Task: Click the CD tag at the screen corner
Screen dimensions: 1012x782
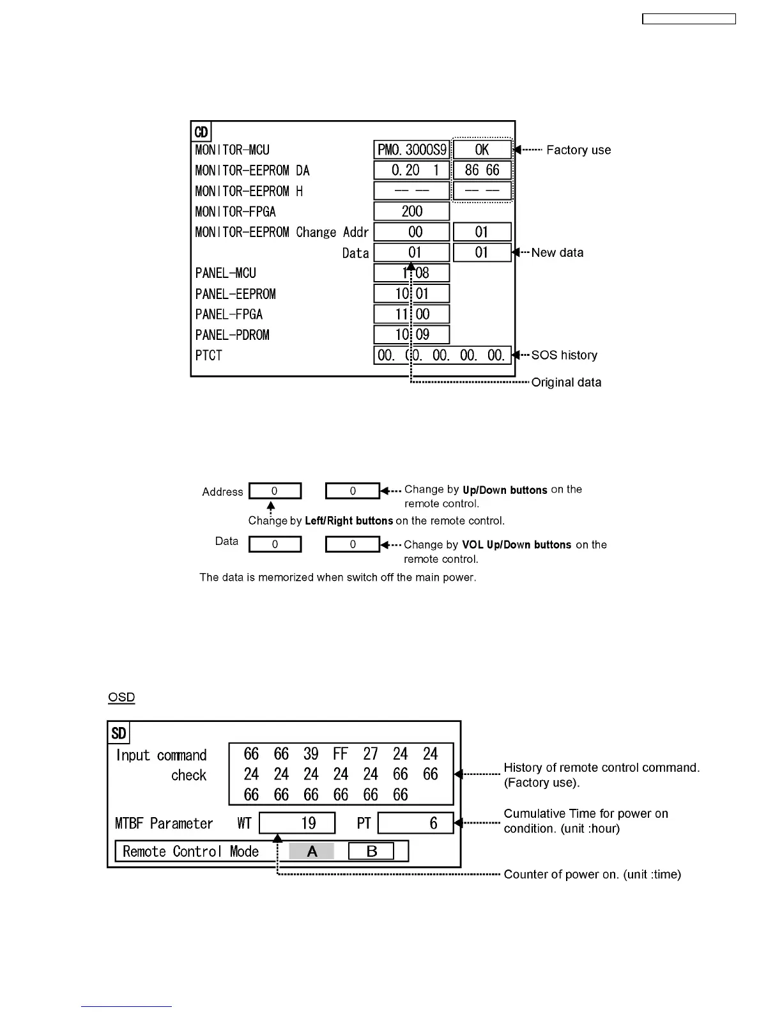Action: [201, 132]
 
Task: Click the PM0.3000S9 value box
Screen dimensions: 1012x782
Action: [411, 150]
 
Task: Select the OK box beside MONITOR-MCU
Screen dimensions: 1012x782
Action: [482, 150]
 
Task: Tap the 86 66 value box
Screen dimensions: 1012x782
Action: [482, 171]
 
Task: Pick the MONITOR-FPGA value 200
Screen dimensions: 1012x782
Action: [411, 211]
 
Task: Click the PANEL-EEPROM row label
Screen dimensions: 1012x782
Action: [235, 294]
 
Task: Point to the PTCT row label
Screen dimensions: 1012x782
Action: [209, 355]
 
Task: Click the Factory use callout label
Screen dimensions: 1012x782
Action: [578, 150]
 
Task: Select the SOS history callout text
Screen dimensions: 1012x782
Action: [564, 355]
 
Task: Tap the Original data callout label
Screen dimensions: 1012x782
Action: [566, 383]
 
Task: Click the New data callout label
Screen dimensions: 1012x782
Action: [557, 253]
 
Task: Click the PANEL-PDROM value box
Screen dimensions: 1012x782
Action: [411, 335]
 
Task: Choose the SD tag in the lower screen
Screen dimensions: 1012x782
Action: [119, 733]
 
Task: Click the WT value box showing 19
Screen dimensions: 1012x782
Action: [297, 823]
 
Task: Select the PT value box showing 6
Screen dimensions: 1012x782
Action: [415, 823]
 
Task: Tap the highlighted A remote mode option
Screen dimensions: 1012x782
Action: [312, 851]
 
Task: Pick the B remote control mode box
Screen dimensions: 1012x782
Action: [371, 851]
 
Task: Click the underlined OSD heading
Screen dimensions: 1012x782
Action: [121, 697]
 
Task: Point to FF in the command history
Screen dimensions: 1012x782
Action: [341, 755]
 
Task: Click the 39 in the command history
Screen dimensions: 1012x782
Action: [311, 755]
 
